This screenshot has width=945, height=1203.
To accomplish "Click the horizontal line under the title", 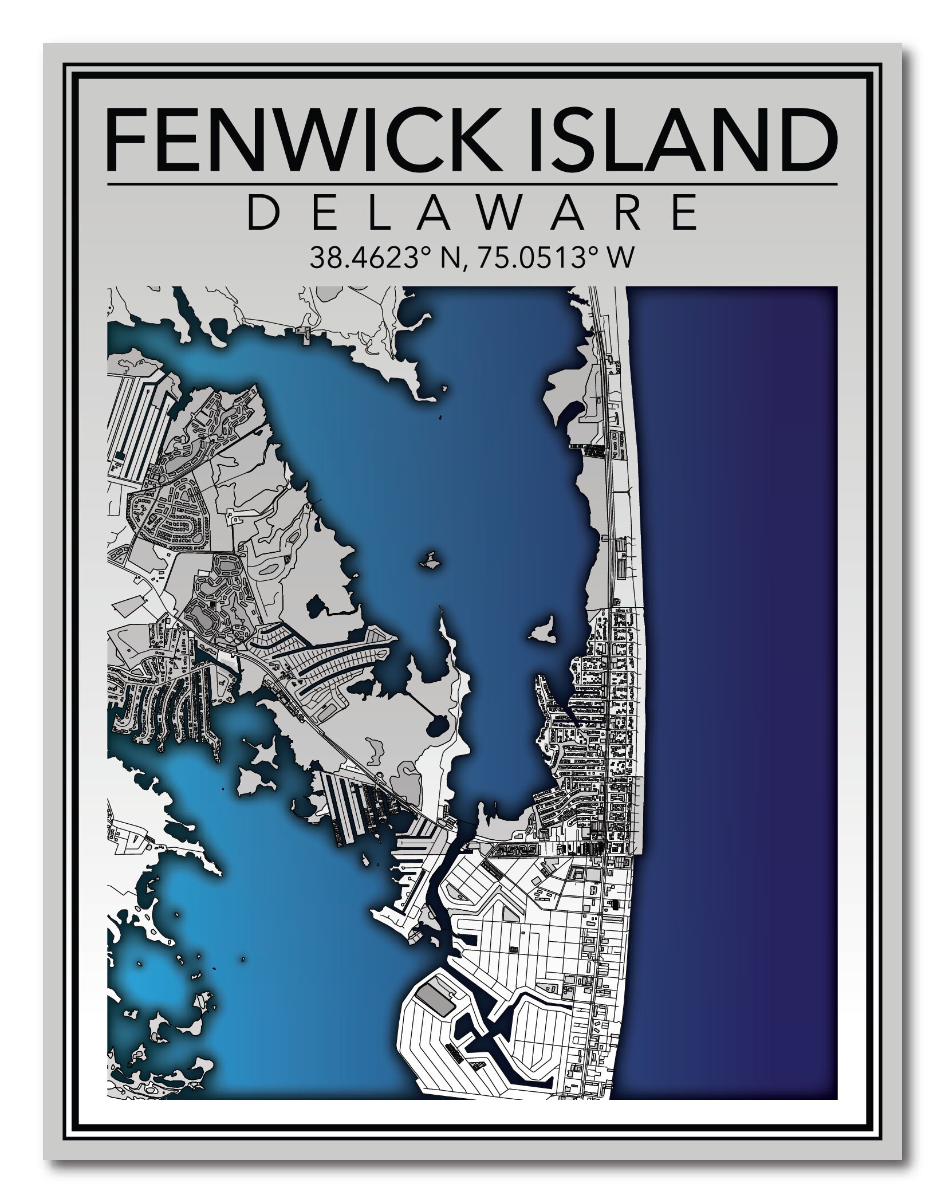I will click(472, 184).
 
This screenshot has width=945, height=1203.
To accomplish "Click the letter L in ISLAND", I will click(627, 140).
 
